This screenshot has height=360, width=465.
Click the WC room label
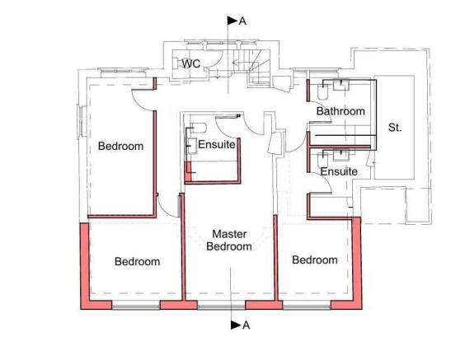[x=191, y=63]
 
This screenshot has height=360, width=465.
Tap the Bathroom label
[x=340, y=111]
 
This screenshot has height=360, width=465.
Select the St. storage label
[x=395, y=128]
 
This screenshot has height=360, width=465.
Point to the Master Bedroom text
[x=229, y=240]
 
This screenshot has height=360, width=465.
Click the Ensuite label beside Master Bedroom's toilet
[x=218, y=145]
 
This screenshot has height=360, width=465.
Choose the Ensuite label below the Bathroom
[x=339, y=171]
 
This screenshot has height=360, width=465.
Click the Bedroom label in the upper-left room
[x=120, y=147]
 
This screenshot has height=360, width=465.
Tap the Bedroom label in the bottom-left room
[x=137, y=262]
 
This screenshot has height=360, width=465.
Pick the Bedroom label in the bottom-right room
[x=315, y=260]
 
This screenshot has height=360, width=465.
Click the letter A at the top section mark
[x=242, y=21]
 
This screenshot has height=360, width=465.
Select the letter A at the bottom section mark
[x=246, y=325]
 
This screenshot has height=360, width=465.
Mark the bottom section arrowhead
[x=235, y=325]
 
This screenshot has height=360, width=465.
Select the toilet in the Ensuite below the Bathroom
[x=326, y=154]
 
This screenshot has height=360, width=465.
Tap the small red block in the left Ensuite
[x=189, y=171]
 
